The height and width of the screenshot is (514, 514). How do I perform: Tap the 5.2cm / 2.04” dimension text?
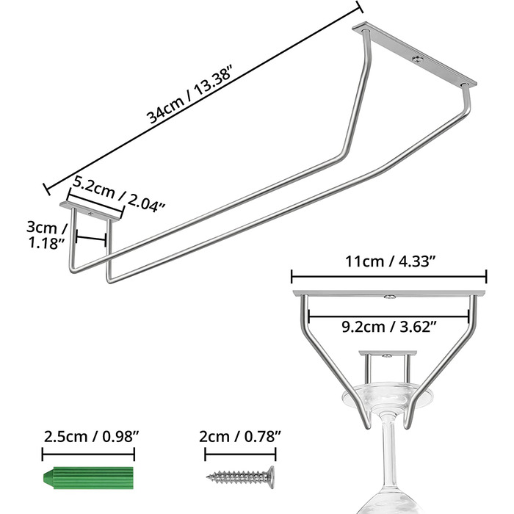pyautogui.click(x=118, y=193)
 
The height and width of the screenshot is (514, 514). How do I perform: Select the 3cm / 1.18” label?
pyautogui.click(x=46, y=235)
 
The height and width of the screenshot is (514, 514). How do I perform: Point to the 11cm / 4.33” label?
pyautogui.click(x=390, y=261)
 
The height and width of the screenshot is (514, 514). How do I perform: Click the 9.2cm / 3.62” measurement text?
pyautogui.click(x=389, y=327)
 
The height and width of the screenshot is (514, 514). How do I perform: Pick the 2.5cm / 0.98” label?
pyautogui.click(x=92, y=437)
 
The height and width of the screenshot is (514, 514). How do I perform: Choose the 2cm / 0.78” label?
pyautogui.click(x=240, y=437)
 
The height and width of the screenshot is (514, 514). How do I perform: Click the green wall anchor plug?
pyautogui.click(x=89, y=477)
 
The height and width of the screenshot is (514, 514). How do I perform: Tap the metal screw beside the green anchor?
pyautogui.click(x=240, y=477)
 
